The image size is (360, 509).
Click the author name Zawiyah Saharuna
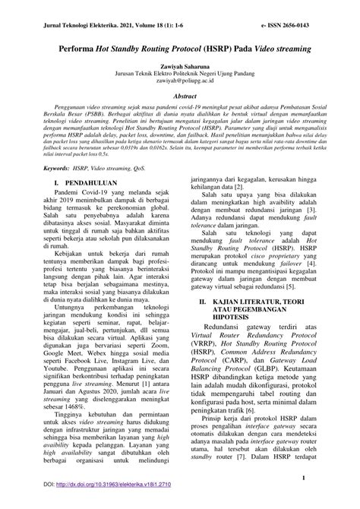[x=180, y=65]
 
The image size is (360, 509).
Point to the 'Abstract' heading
[x=180, y=96]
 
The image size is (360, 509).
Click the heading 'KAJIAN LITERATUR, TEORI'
[x=261, y=322]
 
